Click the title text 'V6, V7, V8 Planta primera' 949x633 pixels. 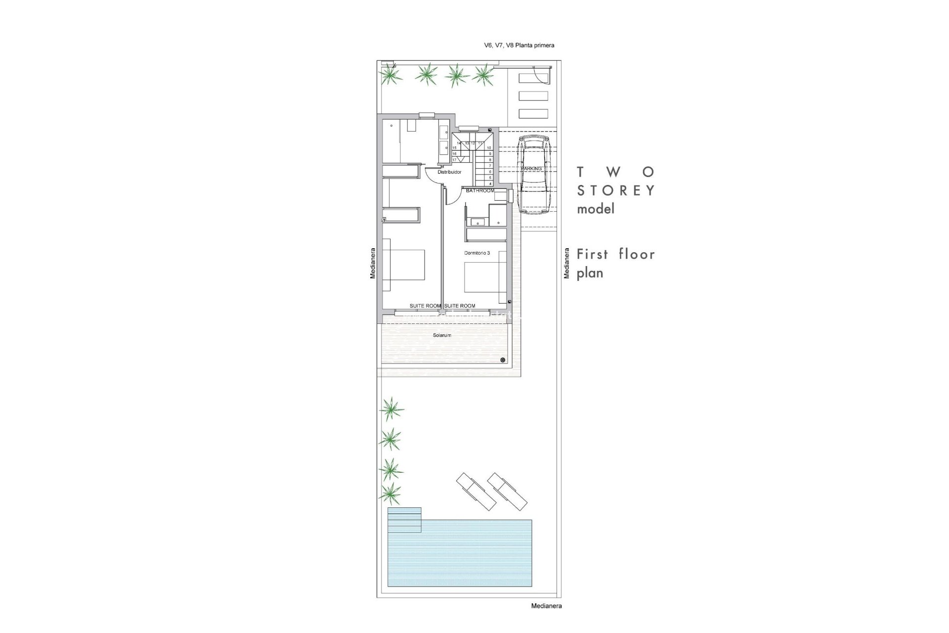[x=519, y=45]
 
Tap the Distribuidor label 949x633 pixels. [x=449, y=172]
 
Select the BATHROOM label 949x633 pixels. [x=480, y=191]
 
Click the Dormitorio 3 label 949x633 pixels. [x=477, y=253]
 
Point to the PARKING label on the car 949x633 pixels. [x=532, y=169]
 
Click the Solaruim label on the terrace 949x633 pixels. [x=442, y=335]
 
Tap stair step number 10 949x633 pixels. [x=489, y=148]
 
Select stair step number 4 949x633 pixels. [x=489, y=183]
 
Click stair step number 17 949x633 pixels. [x=454, y=160]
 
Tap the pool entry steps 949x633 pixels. [x=404, y=519]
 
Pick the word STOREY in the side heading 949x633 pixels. [x=616, y=190]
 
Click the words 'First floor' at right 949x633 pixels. [x=616, y=255]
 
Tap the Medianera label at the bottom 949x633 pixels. [x=546, y=606]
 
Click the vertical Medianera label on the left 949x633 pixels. [x=373, y=263]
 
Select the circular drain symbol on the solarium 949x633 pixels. [x=503, y=360]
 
